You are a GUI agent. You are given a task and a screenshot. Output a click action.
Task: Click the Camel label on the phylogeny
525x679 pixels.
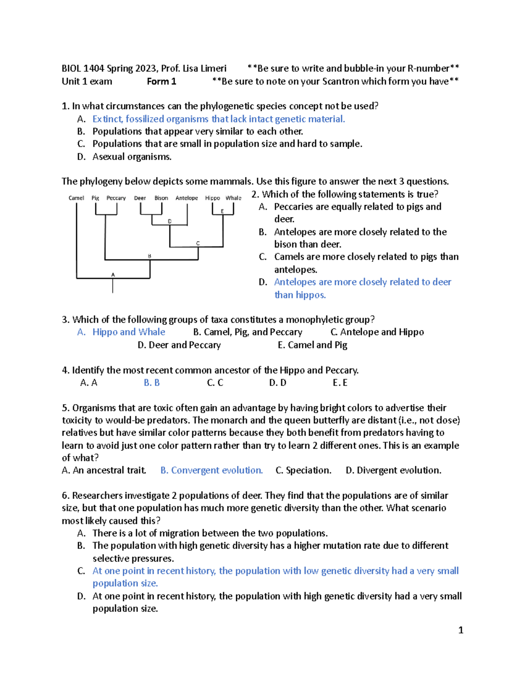click(x=76, y=198)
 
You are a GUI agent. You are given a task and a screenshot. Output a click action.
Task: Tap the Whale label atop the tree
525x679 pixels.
click(x=233, y=198)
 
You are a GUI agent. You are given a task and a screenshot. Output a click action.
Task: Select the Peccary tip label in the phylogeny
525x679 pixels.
click(x=116, y=198)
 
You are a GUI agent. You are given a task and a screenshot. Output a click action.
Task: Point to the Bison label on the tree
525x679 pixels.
click(x=161, y=198)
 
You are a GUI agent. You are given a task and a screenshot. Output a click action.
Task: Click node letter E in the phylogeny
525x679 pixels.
click(x=222, y=212)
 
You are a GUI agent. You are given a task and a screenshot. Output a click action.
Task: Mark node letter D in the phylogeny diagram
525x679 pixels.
click(x=170, y=222)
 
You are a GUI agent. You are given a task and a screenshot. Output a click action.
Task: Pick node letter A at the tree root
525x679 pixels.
click(x=113, y=275)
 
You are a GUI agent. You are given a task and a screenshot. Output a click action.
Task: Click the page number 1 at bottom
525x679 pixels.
click(x=460, y=630)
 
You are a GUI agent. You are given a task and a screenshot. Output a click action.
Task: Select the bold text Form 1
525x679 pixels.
click(x=161, y=81)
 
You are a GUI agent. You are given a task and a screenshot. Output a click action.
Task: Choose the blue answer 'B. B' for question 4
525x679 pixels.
click(x=152, y=383)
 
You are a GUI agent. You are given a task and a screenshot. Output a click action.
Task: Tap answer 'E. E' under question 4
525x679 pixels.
click(x=340, y=383)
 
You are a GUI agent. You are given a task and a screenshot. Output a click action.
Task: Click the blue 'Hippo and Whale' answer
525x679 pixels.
click(x=129, y=332)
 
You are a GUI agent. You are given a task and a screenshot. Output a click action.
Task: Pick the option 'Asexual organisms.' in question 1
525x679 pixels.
click(x=132, y=157)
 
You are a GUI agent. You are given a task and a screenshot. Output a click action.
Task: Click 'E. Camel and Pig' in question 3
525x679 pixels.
click(x=312, y=345)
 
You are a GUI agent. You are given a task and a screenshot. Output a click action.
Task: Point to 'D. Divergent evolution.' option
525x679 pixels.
click(x=393, y=470)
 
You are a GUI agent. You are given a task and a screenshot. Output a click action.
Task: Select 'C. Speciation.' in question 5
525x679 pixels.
click(x=303, y=470)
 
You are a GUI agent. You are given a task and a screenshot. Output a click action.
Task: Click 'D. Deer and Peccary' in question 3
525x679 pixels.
click(x=179, y=345)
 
